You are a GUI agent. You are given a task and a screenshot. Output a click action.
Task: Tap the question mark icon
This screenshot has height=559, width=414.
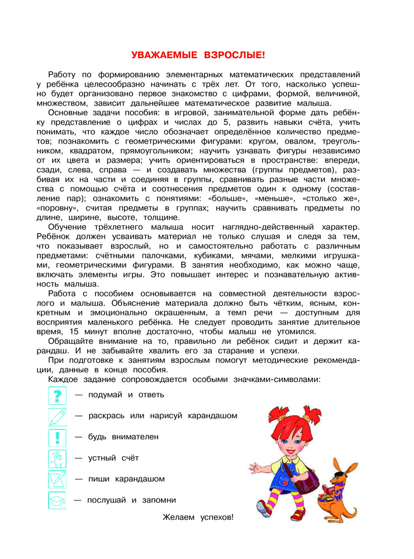(x=57, y=395)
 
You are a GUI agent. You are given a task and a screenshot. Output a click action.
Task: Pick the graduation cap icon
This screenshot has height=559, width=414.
(x=57, y=500)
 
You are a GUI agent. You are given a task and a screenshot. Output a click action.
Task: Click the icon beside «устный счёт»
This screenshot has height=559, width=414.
(x=57, y=458)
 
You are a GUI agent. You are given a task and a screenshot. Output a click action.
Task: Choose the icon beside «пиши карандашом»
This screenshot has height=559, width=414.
(x=57, y=479)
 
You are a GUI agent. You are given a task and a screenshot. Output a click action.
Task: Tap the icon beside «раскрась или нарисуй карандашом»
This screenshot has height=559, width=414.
(x=57, y=416)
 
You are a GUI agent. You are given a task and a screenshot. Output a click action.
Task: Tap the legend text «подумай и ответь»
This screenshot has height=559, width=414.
(x=126, y=395)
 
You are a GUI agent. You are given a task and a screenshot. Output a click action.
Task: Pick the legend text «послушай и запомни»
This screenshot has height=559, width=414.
(x=132, y=500)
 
